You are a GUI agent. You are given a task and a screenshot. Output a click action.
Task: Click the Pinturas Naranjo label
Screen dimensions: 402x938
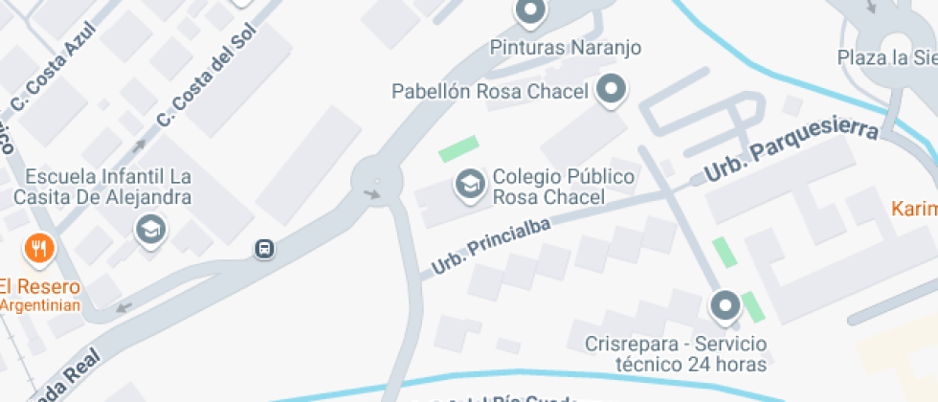click(565, 47)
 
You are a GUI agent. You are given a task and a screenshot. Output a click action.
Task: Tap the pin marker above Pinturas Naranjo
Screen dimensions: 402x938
click(529, 12)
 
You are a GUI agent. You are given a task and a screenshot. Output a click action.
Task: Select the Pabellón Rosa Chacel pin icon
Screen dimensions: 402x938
click(611, 91)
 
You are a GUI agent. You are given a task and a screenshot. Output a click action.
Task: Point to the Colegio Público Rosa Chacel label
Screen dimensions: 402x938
click(549, 188)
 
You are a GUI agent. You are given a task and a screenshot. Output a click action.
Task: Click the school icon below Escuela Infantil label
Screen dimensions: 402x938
click(150, 230)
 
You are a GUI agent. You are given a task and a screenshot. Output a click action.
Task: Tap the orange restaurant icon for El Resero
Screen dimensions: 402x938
click(38, 250)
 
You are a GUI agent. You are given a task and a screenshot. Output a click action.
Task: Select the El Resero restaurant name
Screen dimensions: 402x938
click(39, 286)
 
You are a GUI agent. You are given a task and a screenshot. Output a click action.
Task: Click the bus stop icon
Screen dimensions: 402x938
click(265, 249)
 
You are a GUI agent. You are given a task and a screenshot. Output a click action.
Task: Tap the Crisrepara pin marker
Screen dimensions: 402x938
click(725, 306)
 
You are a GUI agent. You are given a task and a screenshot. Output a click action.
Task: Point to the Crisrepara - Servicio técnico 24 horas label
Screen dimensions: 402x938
click(678, 353)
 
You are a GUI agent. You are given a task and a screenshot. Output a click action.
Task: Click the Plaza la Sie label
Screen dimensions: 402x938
click(886, 57)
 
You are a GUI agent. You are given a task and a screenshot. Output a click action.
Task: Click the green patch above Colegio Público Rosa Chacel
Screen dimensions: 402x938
click(458, 149)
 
